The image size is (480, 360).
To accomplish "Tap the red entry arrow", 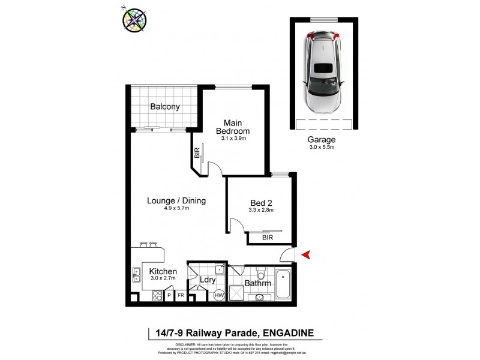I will tap(306, 256).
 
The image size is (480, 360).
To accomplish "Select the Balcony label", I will tap(165, 107).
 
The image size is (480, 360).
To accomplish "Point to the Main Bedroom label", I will tap(233, 126).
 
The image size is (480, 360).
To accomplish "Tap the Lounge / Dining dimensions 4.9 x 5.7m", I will tap(176, 209).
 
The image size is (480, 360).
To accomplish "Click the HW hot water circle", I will tap(219, 295).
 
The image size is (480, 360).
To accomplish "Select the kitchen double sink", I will tap(136, 275).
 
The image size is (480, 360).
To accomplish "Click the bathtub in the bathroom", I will tap(283, 285).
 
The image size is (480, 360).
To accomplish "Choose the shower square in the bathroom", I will tap(237, 293).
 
